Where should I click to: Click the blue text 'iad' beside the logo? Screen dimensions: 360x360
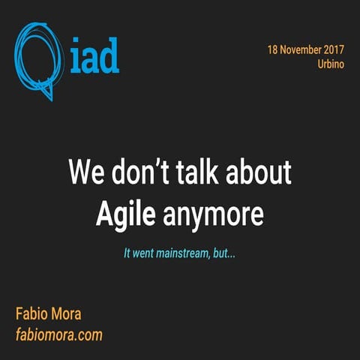tap(94, 58)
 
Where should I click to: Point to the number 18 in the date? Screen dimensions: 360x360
tap(273, 49)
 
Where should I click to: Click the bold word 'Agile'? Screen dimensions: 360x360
tap(125, 214)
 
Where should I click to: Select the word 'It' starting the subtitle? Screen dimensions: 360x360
tap(127, 253)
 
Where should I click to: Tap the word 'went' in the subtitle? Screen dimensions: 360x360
tap(145, 253)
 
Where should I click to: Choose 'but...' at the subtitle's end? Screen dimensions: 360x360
tap(223, 253)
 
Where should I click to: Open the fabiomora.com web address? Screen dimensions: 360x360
tap(58, 334)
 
